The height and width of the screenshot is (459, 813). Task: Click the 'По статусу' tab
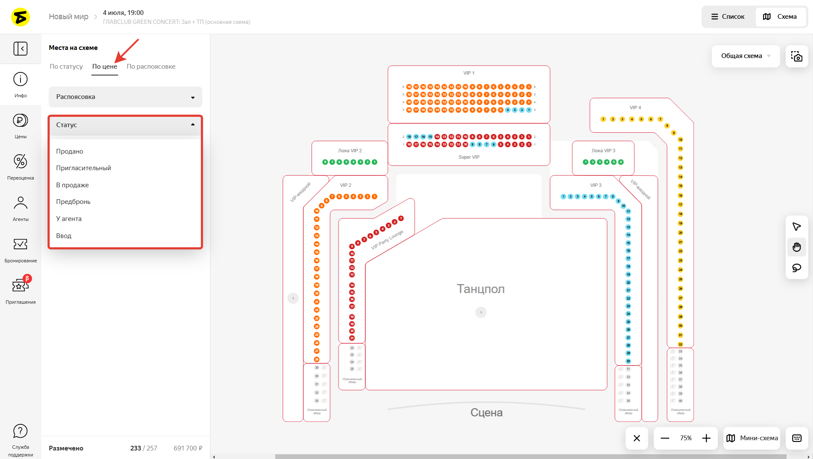pos(66,67)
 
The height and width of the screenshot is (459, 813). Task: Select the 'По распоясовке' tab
pos(151,67)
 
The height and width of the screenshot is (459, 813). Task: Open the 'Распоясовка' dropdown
pos(125,97)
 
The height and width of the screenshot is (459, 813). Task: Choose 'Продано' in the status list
pos(70,151)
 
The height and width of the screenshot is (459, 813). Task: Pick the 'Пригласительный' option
pos(84,168)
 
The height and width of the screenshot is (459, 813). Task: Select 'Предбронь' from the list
pos(73,202)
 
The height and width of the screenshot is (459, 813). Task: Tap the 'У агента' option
pos(69,219)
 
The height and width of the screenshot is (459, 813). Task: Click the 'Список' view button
pos(728,17)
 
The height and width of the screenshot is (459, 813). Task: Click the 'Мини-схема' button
pos(752,438)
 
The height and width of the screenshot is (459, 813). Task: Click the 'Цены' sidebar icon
pos(20,121)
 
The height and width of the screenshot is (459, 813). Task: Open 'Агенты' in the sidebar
pos(20,203)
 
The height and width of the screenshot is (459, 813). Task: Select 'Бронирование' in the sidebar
pos(20,244)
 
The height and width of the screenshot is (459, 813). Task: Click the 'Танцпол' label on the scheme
pos(481,289)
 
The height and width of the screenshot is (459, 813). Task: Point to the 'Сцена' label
pos(486,413)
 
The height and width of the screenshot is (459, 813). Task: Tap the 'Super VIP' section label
pos(469,157)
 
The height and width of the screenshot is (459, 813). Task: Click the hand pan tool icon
pos(796,247)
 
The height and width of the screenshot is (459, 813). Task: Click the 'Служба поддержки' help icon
pos(20,431)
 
